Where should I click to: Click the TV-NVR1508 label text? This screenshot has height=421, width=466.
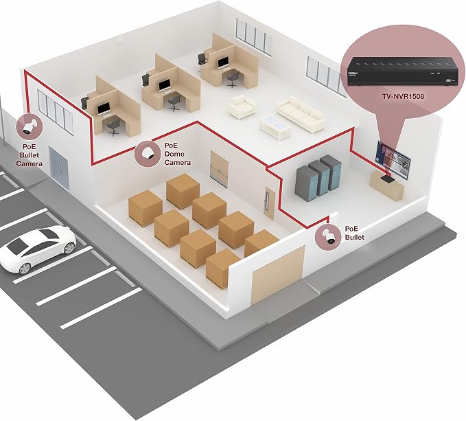tap(404, 96)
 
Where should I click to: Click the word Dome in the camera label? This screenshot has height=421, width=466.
tap(174, 154)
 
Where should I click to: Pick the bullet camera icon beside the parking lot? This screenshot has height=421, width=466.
tap(29, 126)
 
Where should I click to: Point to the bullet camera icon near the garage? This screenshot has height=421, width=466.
tap(329, 237)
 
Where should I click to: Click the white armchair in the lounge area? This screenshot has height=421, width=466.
tap(242, 106)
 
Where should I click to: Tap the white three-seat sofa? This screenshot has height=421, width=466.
tap(299, 114)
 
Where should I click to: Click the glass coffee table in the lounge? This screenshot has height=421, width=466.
tap(275, 127)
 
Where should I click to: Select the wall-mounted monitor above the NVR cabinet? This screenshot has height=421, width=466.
tap(393, 159)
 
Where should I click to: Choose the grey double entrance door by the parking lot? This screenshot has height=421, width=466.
tap(59, 168)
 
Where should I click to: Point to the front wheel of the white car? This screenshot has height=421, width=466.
tap(24, 269)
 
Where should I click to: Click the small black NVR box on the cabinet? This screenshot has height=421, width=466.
tap(388, 179)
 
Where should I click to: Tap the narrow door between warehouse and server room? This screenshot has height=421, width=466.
tap(270, 203)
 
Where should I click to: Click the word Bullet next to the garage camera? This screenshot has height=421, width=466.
tap(355, 237)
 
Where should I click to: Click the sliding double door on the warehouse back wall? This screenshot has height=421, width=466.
tap(220, 169)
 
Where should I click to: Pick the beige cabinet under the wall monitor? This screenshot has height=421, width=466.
tap(386, 187)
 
